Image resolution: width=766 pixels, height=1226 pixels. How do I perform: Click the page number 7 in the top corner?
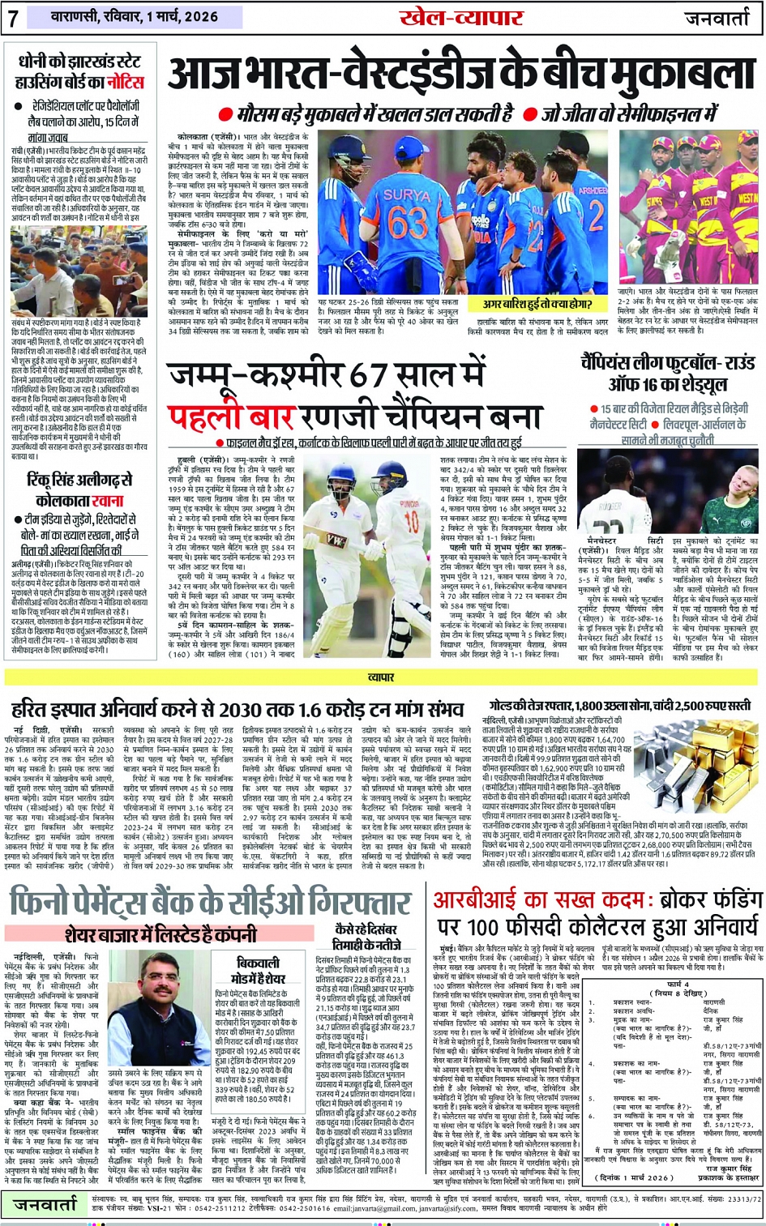tap(14, 18)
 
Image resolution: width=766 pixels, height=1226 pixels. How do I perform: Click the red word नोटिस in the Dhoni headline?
tap(126, 83)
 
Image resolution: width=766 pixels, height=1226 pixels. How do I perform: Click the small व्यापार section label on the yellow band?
tap(381, 677)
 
